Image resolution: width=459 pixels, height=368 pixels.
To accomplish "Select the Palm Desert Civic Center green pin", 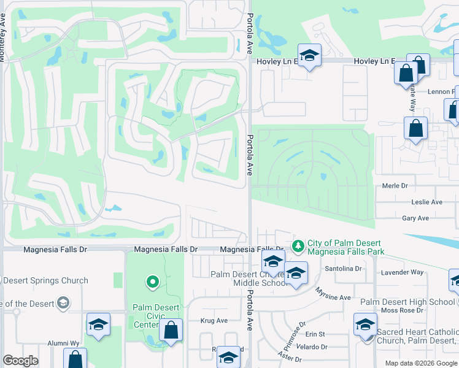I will pos(153,282).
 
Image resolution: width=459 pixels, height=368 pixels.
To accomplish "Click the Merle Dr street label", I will pos(395,186).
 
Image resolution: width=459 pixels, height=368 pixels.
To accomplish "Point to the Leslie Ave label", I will pos(426,202).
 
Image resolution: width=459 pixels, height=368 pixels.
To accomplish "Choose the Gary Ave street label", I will pos(415,218).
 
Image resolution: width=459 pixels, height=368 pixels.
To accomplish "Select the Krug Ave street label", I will pos(214,320).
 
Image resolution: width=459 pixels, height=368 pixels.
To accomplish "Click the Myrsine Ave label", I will pos(333,297).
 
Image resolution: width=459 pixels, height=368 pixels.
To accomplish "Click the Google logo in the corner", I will pos(20,361).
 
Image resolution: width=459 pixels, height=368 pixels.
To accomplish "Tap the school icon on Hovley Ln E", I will pos(310,55).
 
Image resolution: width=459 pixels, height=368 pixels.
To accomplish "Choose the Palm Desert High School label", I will pos(407,302).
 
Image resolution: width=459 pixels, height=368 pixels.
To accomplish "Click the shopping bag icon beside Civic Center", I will pos(171,330).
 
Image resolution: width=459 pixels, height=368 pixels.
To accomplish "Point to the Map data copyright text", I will pos(421,363).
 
